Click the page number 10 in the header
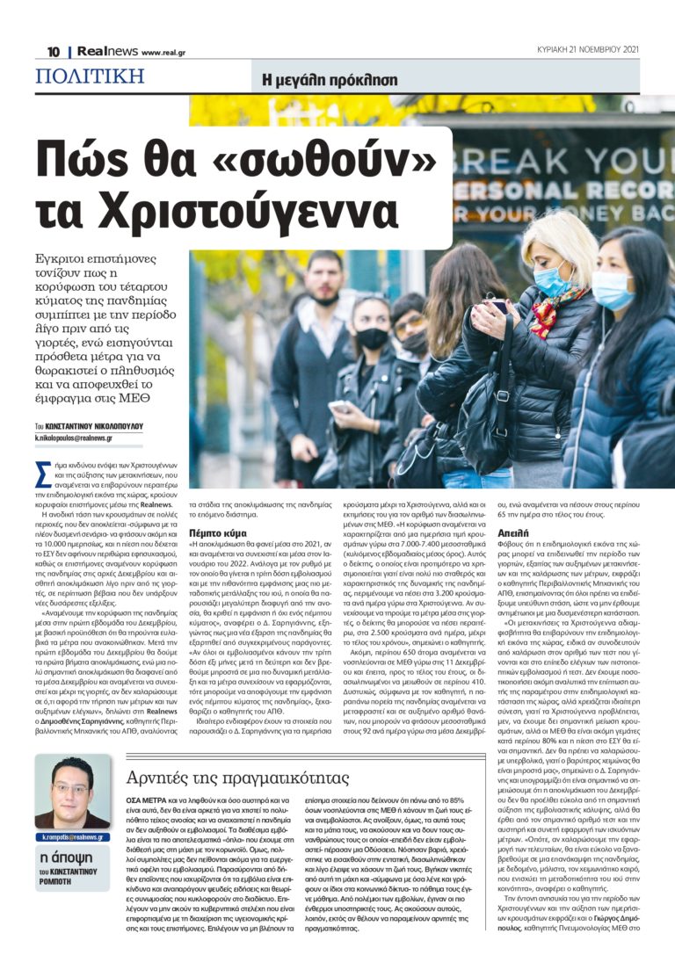[x=53, y=52]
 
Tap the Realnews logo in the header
[x=106, y=52]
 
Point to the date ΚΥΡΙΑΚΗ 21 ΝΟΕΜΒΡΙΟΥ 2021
[x=586, y=49]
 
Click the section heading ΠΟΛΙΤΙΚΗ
[x=90, y=77]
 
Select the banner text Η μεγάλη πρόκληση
[x=329, y=79]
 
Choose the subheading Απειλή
[x=513, y=532]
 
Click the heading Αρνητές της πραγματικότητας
[x=237, y=777]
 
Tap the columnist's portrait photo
[x=72, y=792]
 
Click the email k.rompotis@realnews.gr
[x=72, y=837]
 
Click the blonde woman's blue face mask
[x=552, y=280]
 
